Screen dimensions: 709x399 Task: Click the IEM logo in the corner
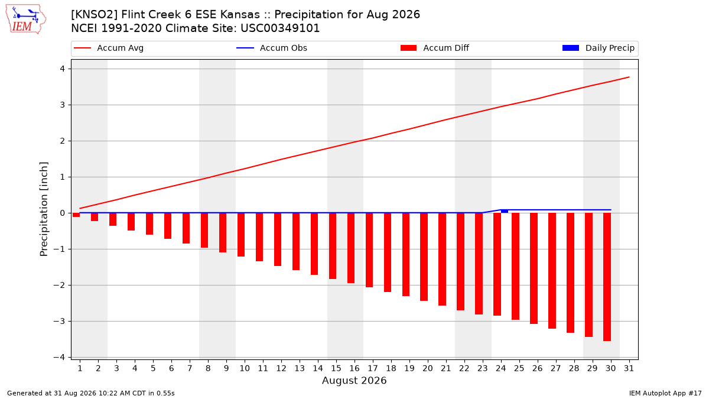pyautogui.click(x=26, y=20)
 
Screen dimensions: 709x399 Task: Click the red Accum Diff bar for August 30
pyautogui.click(x=607, y=277)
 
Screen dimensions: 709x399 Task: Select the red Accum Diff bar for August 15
pyautogui.click(x=333, y=246)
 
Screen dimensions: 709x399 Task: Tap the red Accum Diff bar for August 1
pyautogui.click(x=76, y=215)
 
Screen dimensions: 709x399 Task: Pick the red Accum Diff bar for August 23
pyautogui.click(x=479, y=264)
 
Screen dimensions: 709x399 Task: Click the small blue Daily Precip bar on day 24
pyautogui.click(x=505, y=211)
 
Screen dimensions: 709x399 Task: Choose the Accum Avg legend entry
pyautogui.click(x=109, y=48)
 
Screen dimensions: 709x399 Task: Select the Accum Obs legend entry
pyautogui.click(x=272, y=48)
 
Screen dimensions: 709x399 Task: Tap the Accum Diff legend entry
pyautogui.click(x=435, y=48)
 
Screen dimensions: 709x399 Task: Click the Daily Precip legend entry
pyautogui.click(x=598, y=48)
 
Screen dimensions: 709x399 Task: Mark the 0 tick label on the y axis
pyautogui.click(x=63, y=213)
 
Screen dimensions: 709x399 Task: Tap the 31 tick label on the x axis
pyautogui.click(x=629, y=368)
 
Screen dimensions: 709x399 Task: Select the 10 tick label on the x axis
pyautogui.click(x=245, y=368)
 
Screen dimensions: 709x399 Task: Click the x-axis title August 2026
pyautogui.click(x=354, y=380)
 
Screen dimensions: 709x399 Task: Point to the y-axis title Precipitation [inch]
pyautogui.click(x=44, y=209)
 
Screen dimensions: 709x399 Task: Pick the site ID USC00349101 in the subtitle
pyautogui.click(x=280, y=28)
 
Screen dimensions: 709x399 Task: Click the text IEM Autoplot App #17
pyautogui.click(x=665, y=393)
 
